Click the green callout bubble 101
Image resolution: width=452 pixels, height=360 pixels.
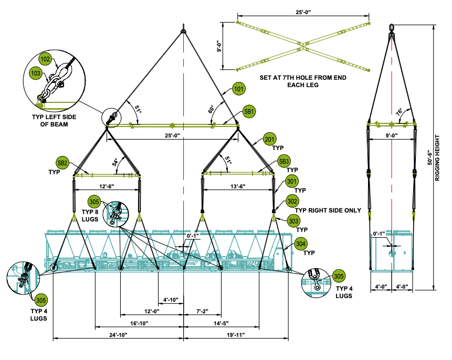(x=239, y=90)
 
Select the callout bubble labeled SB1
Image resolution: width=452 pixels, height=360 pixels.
(x=249, y=112)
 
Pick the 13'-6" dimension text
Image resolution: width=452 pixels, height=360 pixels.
(x=238, y=186)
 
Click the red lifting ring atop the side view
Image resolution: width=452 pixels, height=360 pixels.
(x=392, y=27)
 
